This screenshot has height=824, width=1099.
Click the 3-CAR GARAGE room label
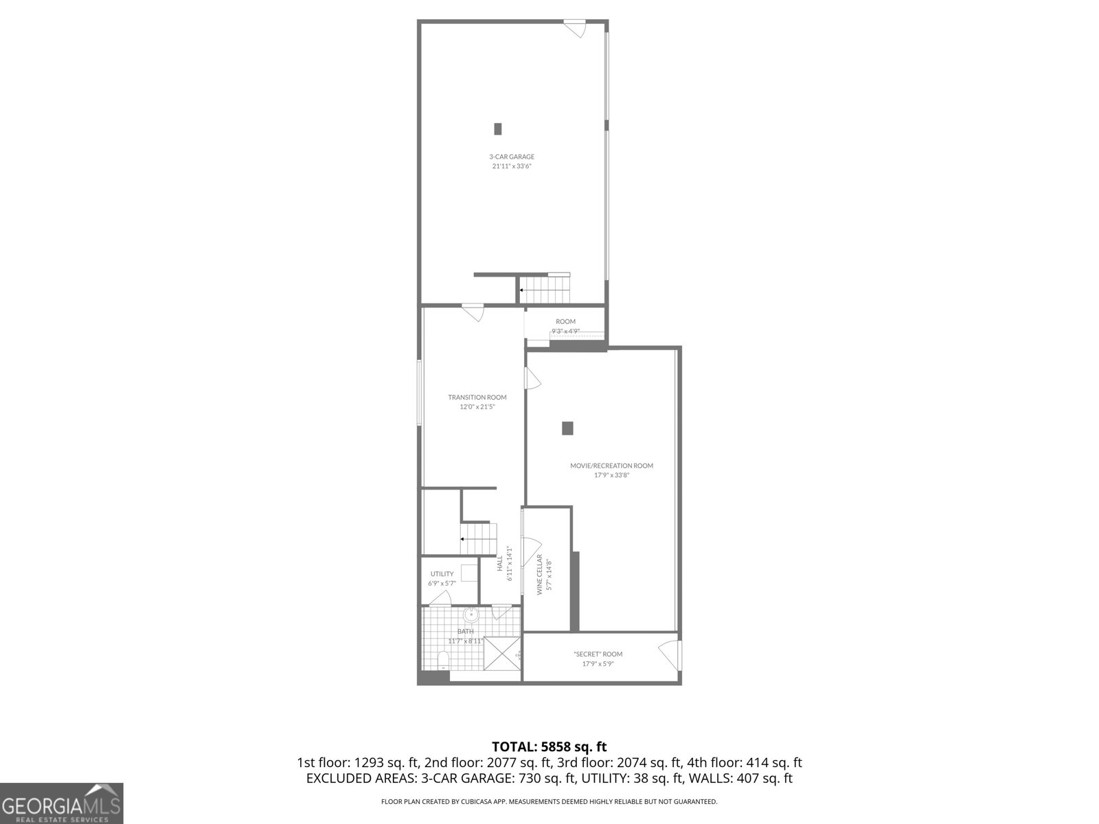(512, 157)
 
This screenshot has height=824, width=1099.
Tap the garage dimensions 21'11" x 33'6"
(512, 166)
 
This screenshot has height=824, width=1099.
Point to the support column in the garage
(498, 128)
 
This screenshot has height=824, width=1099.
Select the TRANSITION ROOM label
(477, 397)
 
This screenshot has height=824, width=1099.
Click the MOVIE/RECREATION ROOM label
(611, 466)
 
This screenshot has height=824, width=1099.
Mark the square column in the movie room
(567, 428)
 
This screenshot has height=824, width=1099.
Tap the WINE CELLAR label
(540, 573)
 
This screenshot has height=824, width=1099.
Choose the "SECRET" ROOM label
(598, 654)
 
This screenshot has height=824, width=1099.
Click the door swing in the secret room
(668, 653)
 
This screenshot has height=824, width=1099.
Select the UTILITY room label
(442, 574)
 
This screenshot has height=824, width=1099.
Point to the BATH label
(466, 632)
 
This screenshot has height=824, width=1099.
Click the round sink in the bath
(471, 614)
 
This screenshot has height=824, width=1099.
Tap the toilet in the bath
(443, 661)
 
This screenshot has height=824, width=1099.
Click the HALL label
(500, 563)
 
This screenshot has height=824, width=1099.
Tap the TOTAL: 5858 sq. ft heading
(549, 746)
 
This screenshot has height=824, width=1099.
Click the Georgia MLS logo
(61, 803)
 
